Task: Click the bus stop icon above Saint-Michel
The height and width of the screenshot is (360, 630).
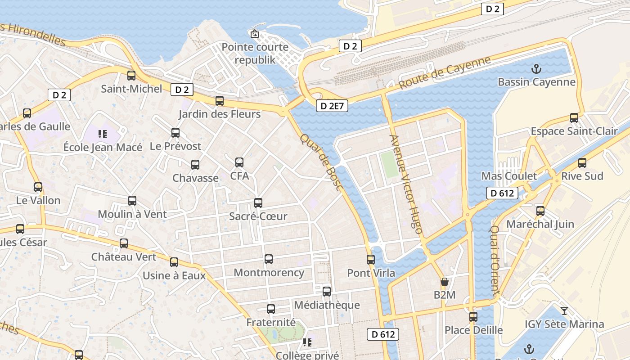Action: (131, 76)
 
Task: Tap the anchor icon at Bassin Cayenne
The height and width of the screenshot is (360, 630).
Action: (536, 69)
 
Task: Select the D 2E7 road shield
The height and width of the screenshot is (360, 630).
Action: (332, 106)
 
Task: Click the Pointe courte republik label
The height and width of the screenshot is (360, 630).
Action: (255, 53)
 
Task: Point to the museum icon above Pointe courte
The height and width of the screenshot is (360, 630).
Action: (255, 33)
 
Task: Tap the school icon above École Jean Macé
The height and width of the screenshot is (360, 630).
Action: (103, 134)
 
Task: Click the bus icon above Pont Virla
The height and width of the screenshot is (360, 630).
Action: (371, 259)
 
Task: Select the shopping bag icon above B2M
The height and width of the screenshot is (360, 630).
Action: (445, 282)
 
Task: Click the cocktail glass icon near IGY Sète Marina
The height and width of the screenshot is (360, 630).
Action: (564, 310)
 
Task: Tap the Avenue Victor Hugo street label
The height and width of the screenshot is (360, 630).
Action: (406, 184)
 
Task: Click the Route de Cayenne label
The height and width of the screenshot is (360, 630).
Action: (445, 72)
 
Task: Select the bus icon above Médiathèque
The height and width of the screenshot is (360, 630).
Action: (327, 292)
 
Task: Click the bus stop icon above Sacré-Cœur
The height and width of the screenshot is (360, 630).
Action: (258, 203)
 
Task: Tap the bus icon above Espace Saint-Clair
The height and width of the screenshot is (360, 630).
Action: (574, 118)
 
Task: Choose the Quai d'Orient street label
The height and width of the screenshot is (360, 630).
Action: (495, 260)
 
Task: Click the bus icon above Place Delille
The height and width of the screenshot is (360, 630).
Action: (473, 317)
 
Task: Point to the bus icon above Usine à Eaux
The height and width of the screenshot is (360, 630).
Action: (174, 262)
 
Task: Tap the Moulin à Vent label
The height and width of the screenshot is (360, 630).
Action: (132, 214)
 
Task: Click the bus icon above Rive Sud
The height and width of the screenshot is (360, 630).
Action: (582, 163)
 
